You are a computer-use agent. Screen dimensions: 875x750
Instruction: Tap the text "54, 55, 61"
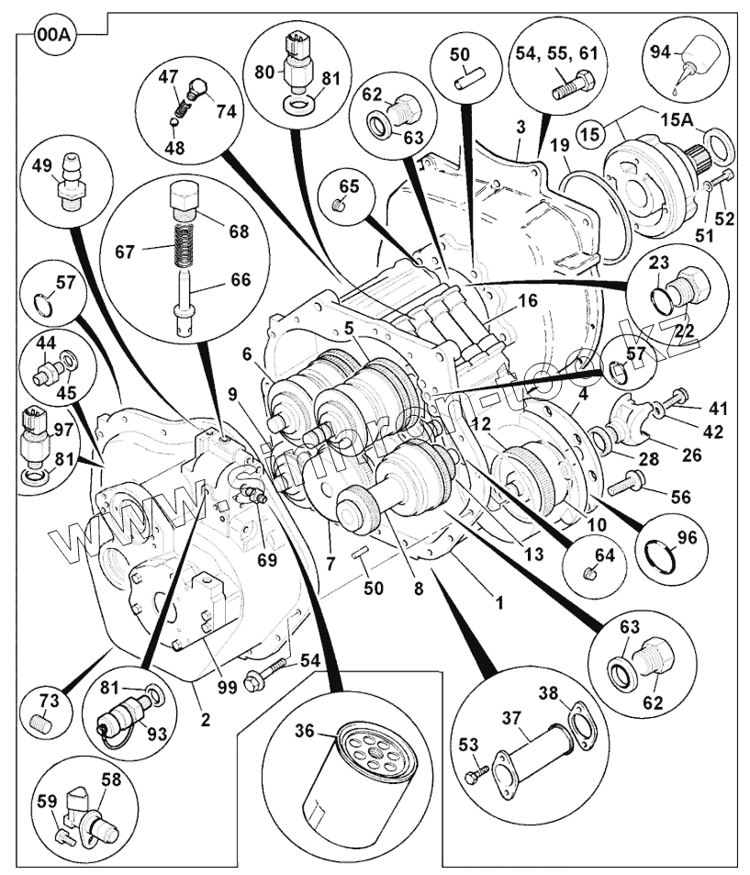[x=556, y=54]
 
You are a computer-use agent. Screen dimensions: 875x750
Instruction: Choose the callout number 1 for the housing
[x=499, y=603]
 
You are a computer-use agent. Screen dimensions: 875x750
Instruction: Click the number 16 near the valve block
[x=528, y=300]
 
